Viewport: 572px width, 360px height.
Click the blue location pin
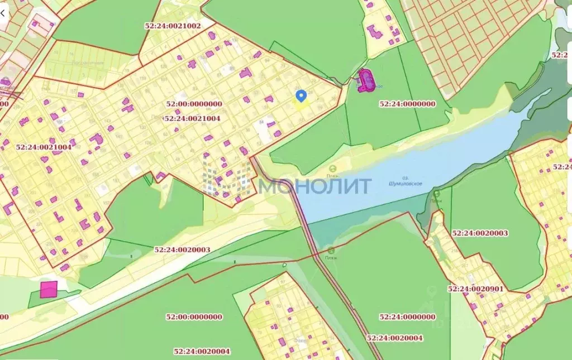click(301, 96)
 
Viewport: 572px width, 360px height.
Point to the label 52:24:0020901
click(476, 289)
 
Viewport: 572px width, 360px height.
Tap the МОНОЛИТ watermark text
click(315, 186)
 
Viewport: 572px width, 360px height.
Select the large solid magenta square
click(49, 289)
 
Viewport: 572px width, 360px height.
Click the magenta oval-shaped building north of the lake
click(366, 80)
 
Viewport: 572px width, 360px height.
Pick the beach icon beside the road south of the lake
click(331, 251)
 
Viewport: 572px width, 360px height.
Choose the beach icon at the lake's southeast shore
click(436, 194)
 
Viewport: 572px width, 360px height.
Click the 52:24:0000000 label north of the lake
click(407, 104)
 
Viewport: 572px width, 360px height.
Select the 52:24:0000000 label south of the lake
click(407, 317)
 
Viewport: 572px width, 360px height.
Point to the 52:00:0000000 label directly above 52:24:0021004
click(194, 104)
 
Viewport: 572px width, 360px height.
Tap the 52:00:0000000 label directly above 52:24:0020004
click(194, 317)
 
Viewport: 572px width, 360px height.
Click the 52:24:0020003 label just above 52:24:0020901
click(480, 233)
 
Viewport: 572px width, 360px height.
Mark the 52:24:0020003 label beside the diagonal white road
click(182, 250)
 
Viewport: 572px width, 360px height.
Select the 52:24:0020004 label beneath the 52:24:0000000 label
click(395, 338)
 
